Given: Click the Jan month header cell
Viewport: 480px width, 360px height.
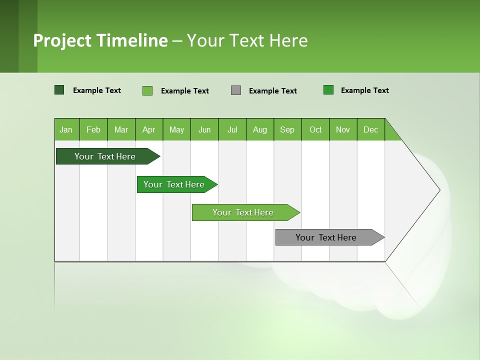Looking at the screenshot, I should click(x=66, y=129).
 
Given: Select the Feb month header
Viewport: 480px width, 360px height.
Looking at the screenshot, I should click(x=93, y=129).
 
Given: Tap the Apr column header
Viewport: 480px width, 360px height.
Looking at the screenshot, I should click(x=148, y=129).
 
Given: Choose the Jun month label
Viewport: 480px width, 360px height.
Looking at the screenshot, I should click(x=204, y=129).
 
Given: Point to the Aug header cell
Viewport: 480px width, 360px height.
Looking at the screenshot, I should click(x=259, y=129).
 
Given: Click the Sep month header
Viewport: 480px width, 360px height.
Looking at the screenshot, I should click(x=287, y=129).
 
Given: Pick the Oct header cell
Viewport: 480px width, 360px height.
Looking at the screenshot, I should click(x=315, y=129).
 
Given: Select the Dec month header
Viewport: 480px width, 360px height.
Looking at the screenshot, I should click(x=370, y=129).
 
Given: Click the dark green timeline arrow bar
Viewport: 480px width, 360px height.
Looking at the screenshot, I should click(x=105, y=156).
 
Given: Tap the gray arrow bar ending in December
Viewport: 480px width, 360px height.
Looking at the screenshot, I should click(x=326, y=237).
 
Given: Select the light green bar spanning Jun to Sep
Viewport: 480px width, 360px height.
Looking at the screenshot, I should click(x=243, y=212).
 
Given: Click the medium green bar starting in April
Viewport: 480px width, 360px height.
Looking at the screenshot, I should click(x=174, y=184).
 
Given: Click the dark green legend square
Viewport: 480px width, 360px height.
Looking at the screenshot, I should click(x=59, y=90).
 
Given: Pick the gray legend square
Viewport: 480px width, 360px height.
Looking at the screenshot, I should click(x=236, y=90).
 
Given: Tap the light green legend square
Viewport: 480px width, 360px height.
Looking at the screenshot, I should click(x=147, y=90).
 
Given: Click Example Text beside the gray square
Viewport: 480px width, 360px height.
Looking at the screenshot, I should click(x=272, y=91).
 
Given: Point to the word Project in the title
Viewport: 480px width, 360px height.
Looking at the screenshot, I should click(x=62, y=40).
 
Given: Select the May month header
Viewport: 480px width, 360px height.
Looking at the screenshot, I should click(x=176, y=129).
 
